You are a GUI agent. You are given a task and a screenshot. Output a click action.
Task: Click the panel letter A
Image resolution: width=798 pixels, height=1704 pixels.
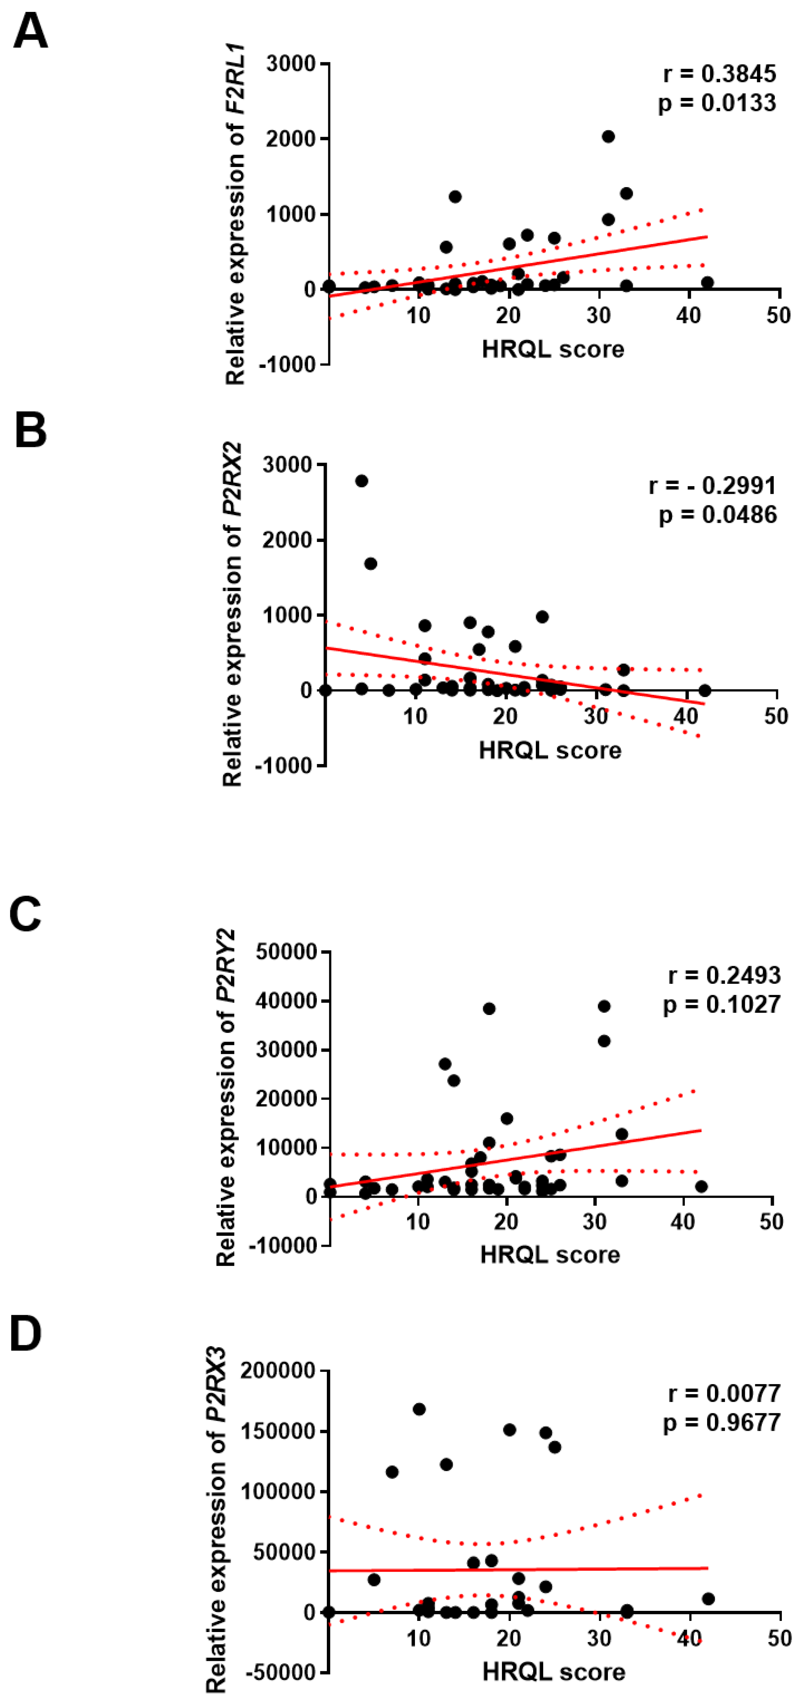coord(30,32)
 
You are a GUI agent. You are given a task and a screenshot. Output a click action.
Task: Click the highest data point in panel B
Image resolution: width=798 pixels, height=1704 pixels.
coord(361,481)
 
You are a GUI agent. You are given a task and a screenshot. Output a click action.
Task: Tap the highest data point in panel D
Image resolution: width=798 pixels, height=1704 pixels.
coord(419,1409)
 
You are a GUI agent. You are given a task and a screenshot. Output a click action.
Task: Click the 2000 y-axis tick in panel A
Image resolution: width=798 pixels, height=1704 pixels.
coord(290,139)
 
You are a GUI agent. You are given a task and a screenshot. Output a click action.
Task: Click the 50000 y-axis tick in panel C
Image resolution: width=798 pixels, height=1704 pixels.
coord(286,953)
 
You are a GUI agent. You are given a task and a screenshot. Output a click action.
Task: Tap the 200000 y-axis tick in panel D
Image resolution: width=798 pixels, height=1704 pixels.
coord(277,1370)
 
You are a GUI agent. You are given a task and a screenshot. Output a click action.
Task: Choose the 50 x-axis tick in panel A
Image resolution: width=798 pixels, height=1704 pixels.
coord(779,316)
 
